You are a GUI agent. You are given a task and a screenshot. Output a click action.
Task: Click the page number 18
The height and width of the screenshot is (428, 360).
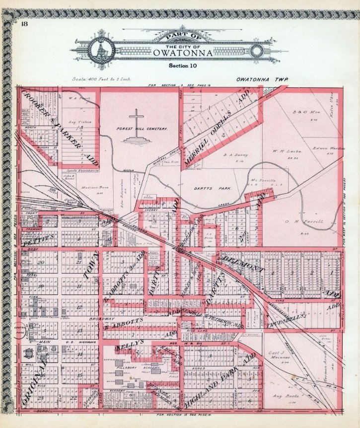pos(24,23)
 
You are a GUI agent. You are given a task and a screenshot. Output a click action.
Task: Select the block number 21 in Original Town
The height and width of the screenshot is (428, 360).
pos(78,262)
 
